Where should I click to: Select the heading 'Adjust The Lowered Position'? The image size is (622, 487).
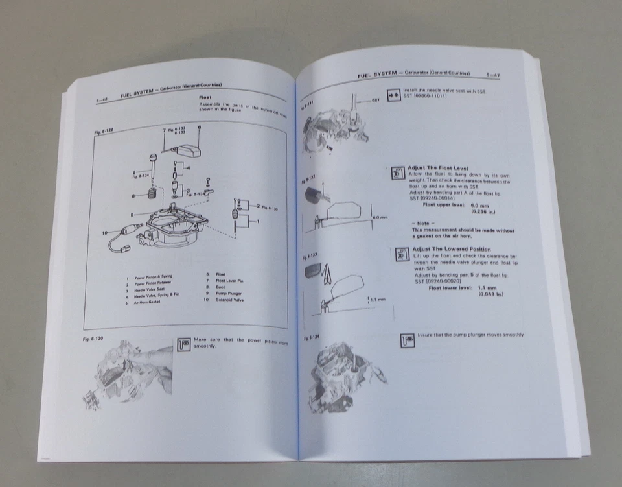tap(451, 249)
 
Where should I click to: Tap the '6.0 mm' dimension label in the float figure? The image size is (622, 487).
tap(379, 217)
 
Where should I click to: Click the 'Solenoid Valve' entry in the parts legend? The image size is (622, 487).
tap(230, 300)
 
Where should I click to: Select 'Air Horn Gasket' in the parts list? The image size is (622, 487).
tap(148, 302)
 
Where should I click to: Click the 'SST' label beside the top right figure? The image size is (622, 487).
tap(376, 101)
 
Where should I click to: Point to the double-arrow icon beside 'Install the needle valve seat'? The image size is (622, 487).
tap(391, 94)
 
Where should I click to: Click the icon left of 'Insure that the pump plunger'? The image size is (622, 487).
tap(408, 339)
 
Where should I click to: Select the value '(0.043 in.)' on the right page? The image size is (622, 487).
tap(491, 294)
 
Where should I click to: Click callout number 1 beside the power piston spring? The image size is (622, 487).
tap(259, 222)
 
